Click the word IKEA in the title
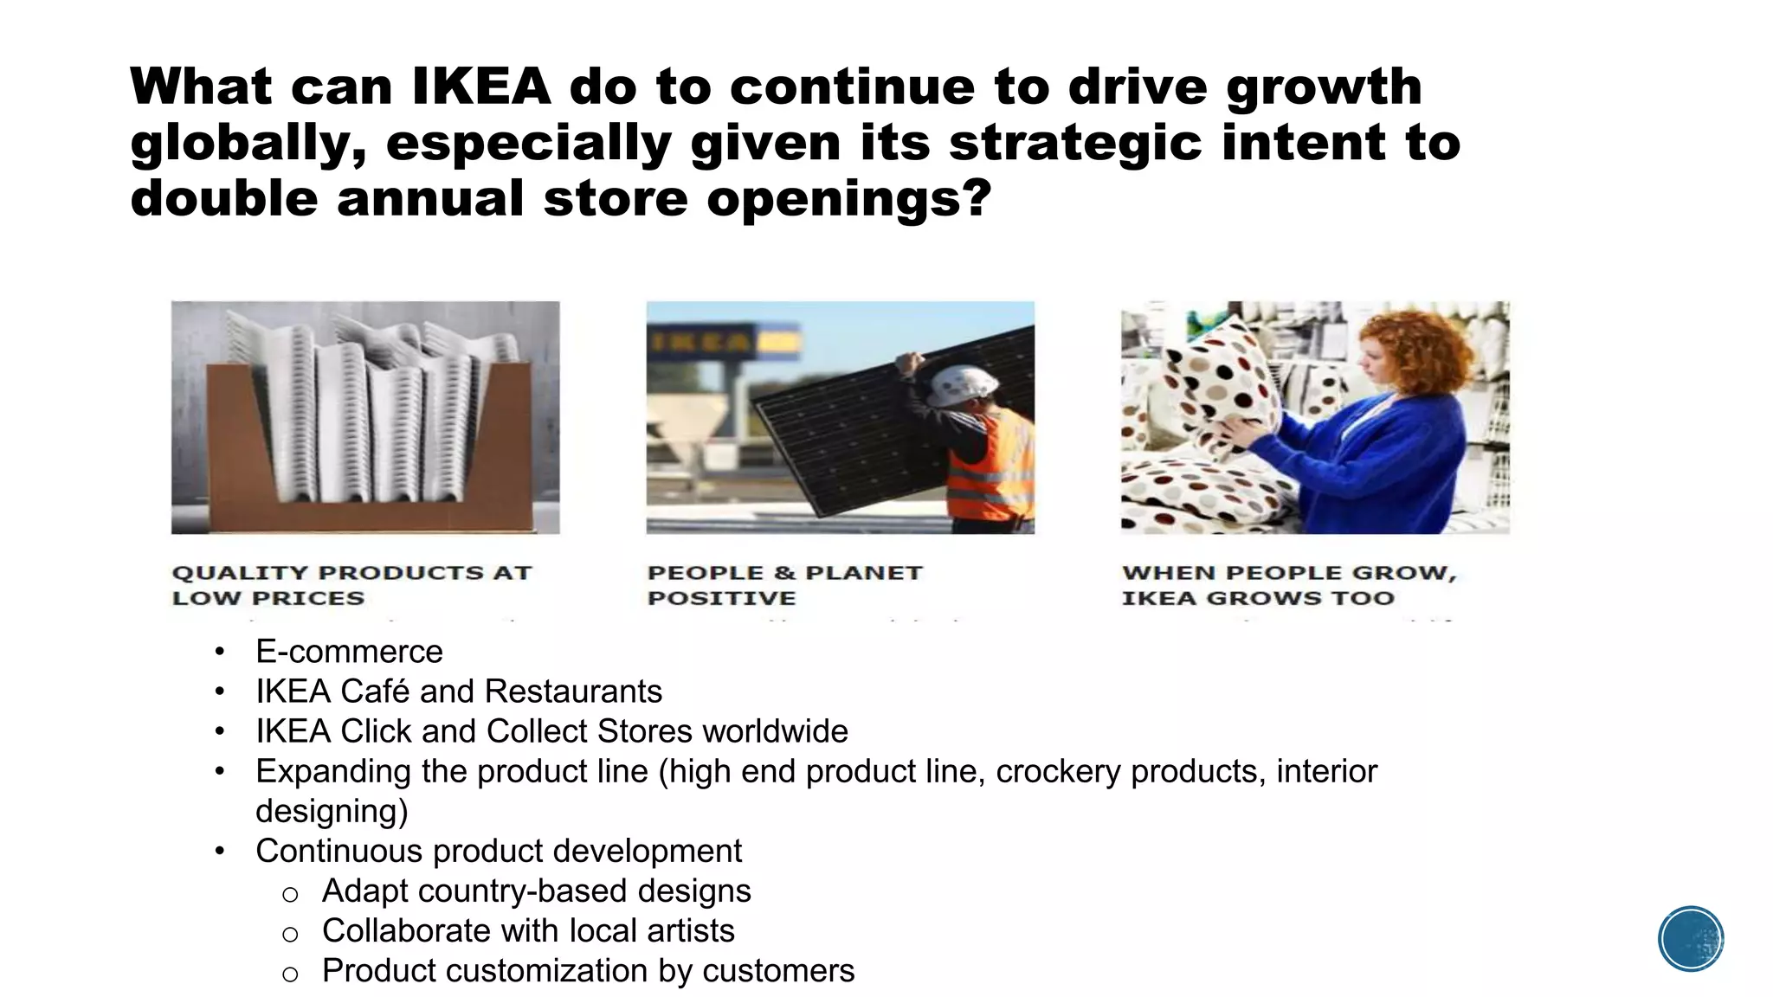click(x=480, y=87)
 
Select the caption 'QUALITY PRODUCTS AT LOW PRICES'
click(x=351, y=585)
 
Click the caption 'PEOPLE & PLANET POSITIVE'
click(x=784, y=585)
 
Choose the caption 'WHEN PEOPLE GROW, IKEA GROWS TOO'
click(x=1289, y=585)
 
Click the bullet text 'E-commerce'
click(x=349, y=652)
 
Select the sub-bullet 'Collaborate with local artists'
click(x=528, y=931)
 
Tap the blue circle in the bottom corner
click(x=1691, y=939)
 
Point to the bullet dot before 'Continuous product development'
click(x=221, y=851)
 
